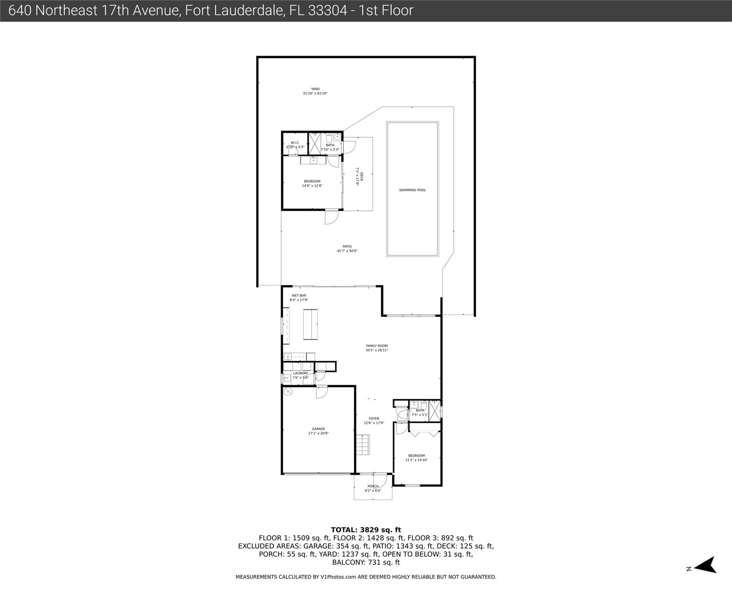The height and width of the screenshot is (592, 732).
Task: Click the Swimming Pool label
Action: (x=412, y=190)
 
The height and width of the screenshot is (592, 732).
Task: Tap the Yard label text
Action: (x=315, y=89)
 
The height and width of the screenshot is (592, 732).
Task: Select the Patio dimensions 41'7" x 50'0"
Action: (x=347, y=251)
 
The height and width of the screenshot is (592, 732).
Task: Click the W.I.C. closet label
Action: (x=295, y=143)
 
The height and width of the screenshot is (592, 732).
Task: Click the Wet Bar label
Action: (x=299, y=296)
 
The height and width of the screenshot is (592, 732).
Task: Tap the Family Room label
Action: (x=377, y=346)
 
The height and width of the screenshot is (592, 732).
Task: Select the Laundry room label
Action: (x=301, y=373)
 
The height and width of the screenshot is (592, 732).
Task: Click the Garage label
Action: (x=318, y=429)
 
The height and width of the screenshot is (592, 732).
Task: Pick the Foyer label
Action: (x=374, y=418)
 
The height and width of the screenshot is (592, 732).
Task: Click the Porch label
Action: (x=373, y=486)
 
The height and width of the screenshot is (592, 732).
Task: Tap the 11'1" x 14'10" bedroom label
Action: (x=416, y=457)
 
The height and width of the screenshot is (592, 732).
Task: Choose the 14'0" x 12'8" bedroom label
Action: (x=312, y=183)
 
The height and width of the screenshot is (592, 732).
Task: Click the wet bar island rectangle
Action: (x=311, y=324)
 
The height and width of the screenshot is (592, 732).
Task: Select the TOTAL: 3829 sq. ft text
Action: (x=366, y=530)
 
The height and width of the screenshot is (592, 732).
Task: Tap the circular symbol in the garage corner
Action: (x=288, y=392)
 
